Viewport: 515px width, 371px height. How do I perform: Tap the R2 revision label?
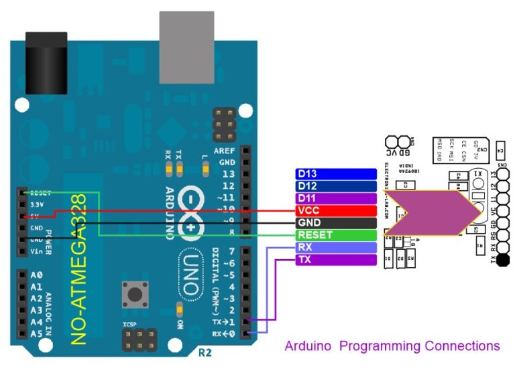(205, 352)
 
